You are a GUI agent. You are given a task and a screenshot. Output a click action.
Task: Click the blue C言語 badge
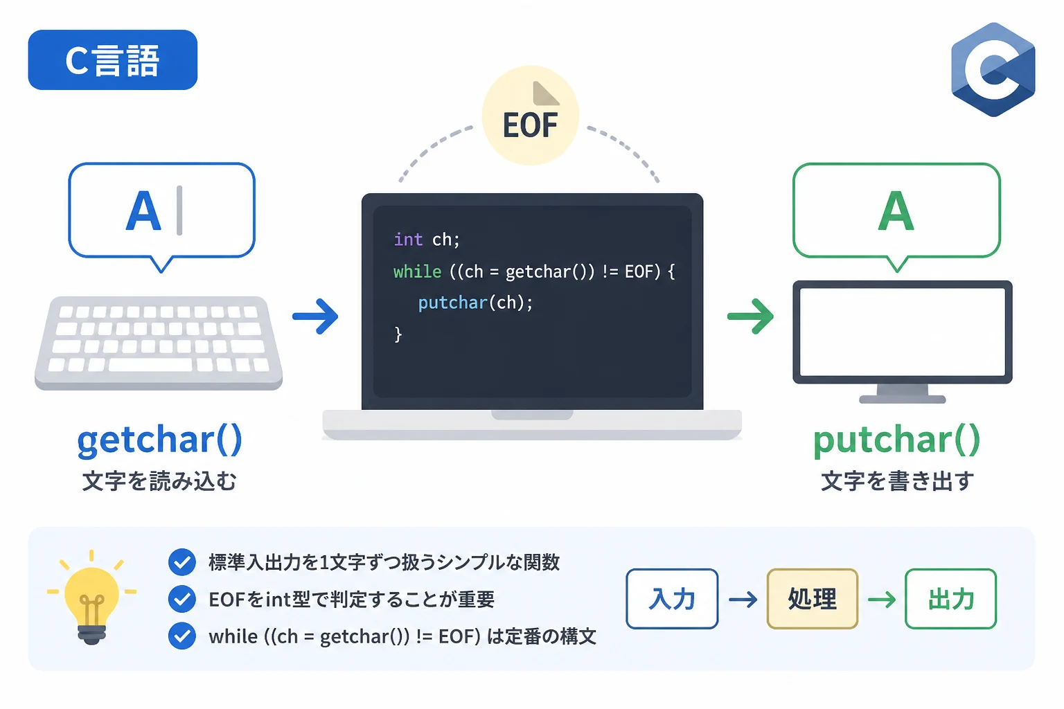coord(113,60)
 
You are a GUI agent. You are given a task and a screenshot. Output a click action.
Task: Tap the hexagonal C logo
coord(993,69)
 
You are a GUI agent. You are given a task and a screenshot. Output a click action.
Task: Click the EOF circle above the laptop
coord(531,116)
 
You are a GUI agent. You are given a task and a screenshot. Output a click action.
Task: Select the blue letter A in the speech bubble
coord(143,211)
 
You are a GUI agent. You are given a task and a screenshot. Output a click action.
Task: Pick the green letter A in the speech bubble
coord(896,211)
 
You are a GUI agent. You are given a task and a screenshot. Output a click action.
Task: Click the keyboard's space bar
coord(150,365)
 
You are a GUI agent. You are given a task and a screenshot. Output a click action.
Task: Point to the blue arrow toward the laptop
coord(315,316)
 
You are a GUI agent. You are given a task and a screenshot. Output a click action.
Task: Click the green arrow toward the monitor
coord(750,316)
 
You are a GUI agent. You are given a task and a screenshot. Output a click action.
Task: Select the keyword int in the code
coord(409,240)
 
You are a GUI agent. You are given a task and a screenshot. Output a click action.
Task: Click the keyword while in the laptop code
coord(418,271)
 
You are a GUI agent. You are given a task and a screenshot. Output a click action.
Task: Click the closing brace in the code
coord(398,334)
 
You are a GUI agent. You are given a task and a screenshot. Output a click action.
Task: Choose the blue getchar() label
coord(160,440)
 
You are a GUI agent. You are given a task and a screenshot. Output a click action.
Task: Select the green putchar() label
coord(897,440)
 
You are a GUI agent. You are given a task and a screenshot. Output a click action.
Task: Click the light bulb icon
coord(91,598)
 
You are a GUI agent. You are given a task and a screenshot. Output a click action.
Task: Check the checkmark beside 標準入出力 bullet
coord(182,562)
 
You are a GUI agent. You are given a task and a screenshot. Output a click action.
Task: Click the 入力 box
coord(672,599)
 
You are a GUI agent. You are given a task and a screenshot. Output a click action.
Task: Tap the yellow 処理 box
coord(813,599)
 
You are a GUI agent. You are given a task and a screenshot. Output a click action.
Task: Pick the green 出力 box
coord(951,599)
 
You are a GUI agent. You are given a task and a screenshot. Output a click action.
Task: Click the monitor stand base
coord(903,400)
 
